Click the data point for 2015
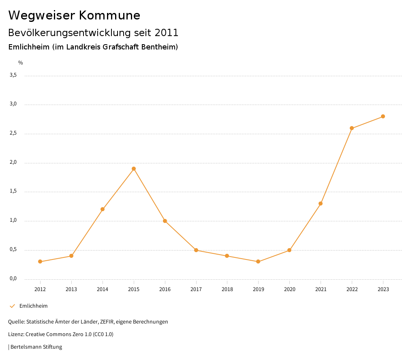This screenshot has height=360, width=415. pyautogui.click(x=134, y=169)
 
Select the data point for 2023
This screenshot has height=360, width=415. pyautogui.click(x=383, y=116)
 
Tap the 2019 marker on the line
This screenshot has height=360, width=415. pyautogui.click(x=258, y=261)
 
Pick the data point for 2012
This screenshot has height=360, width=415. pyautogui.click(x=40, y=261)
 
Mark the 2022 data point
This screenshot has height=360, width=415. pyautogui.click(x=352, y=128)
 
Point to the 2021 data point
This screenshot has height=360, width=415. pyautogui.click(x=321, y=204)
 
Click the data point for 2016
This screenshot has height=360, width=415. pyautogui.click(x=165, y=221)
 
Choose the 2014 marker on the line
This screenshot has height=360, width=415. pyautogui.click(x=103, y=209)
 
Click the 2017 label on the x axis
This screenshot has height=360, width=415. pyautogui.click(x=196, y=289)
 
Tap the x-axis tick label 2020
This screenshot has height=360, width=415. pyautogui.click(x=289, y=289)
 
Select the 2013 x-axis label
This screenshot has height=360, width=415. pyautogui.click(x=71, y=289)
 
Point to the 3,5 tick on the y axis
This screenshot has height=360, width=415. pyautogui.click(x=13, y=75)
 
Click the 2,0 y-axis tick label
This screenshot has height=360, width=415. pyautogui.click(x=13, y=163)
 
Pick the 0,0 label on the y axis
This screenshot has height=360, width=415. pyautogui.click(x=13, y=279)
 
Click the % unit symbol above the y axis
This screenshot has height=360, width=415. pyautogui.click(x=21, y=63)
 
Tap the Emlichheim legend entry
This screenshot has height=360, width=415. pyautogui.click(x=33, y=306)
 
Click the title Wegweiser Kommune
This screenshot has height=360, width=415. pyautogui.click(x=74, y=15)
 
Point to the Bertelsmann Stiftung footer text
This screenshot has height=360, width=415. pyautogui.click(x=36, y=347)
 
